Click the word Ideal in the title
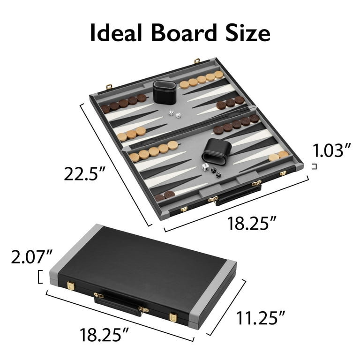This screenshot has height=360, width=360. click(x=116, y=33)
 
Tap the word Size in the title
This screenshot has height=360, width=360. click(x=247, y=33)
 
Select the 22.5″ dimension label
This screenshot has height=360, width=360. click(x=84, y=174)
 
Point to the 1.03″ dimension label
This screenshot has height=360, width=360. click(x=332, y=150)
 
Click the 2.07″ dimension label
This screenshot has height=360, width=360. click(x=31, y=257)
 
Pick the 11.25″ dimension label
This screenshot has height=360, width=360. click(x=261, y=318)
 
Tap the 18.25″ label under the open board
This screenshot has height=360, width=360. click(x=252, y=223)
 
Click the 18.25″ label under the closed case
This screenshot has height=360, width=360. click(x=104, y=335)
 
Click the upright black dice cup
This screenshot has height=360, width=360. click(x=165, y=91)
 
